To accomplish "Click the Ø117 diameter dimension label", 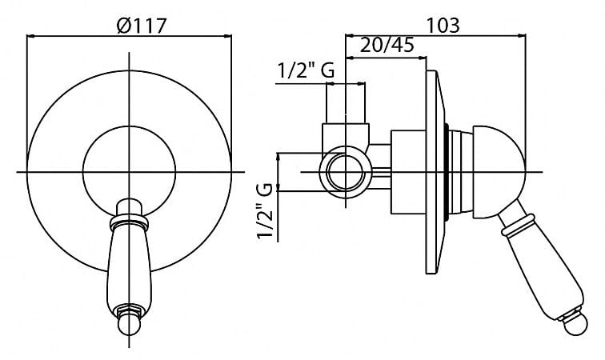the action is coord(141,26).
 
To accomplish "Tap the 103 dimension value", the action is coord(443,26).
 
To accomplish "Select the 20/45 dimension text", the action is coord(387,45).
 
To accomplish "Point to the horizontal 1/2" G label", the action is coord(306,70).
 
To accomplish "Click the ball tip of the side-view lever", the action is coord(575,324).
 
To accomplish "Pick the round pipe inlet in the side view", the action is coord(346,172).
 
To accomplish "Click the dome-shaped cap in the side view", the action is coord(498,172).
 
